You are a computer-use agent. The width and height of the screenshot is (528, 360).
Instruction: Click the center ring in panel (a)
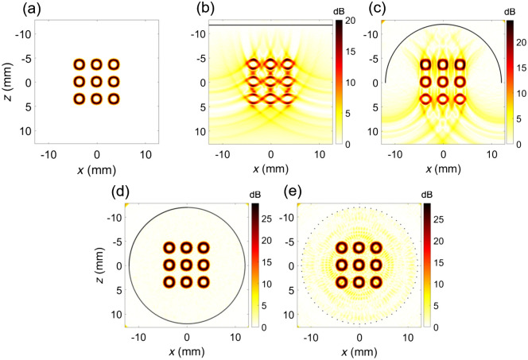coord(96,81)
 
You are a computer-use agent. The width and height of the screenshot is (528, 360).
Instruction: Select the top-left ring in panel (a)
coord(79,64)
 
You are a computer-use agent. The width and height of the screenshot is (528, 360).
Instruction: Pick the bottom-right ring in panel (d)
coord(204,281)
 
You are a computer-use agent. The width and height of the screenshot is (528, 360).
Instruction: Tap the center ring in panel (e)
coord(359,265)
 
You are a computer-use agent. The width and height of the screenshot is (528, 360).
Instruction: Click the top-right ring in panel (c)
coord(460,64)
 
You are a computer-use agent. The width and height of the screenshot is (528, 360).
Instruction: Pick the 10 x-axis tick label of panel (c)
coord(492,153)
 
